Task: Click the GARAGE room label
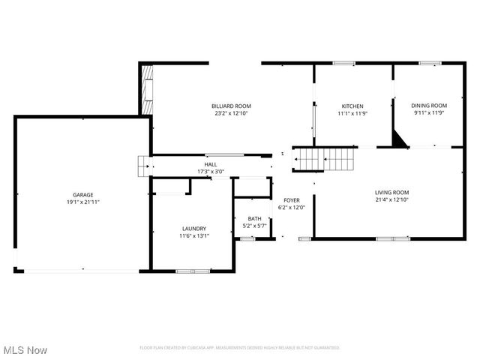coord(82,195)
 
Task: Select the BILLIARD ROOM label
coord(231,106)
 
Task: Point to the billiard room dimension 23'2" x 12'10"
coord(231,114)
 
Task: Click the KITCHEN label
coord(352,106)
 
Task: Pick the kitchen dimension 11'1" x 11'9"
coord(352,114)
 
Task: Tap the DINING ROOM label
coord(429,106)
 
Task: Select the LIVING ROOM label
coord(391,193)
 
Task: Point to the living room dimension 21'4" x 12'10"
coord(391,200)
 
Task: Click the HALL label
coord(211,164)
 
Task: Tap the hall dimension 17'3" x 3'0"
coord(211,172)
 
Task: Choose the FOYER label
coord(291,200)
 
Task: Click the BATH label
coord(255,218)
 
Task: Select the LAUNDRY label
coord(193,229)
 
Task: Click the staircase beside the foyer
coord(324,159)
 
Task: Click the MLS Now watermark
coord(25,350)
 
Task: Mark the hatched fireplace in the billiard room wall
coord(147,89)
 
